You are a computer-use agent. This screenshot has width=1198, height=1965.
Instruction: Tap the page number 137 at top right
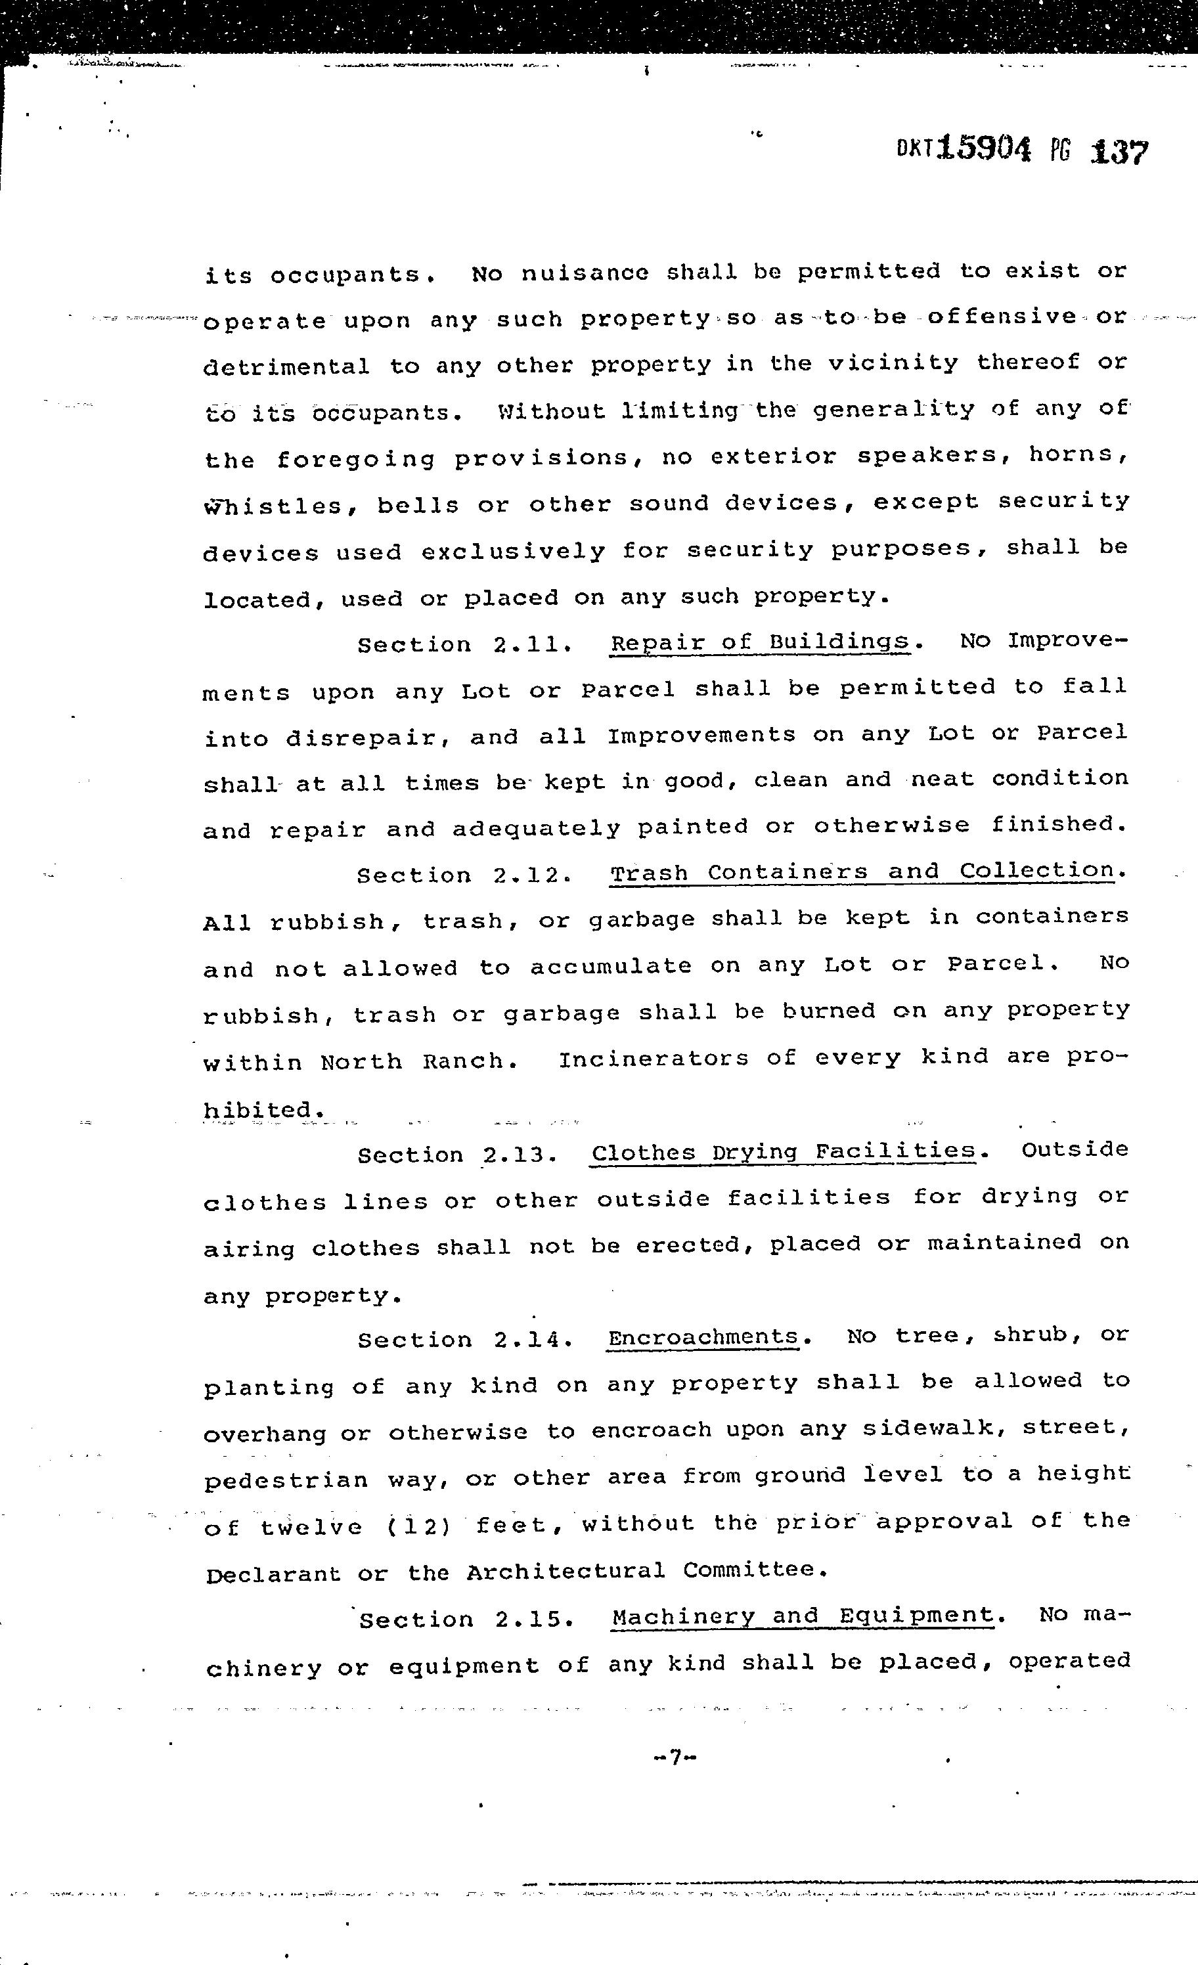1119,152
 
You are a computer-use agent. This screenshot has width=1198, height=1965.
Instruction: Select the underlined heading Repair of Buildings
759,643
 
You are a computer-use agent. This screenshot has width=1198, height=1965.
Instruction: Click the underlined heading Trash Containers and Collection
862,872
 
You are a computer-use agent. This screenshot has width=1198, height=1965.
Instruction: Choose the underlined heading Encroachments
703,1336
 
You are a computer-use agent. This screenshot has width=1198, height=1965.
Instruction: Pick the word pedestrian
286,1480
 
